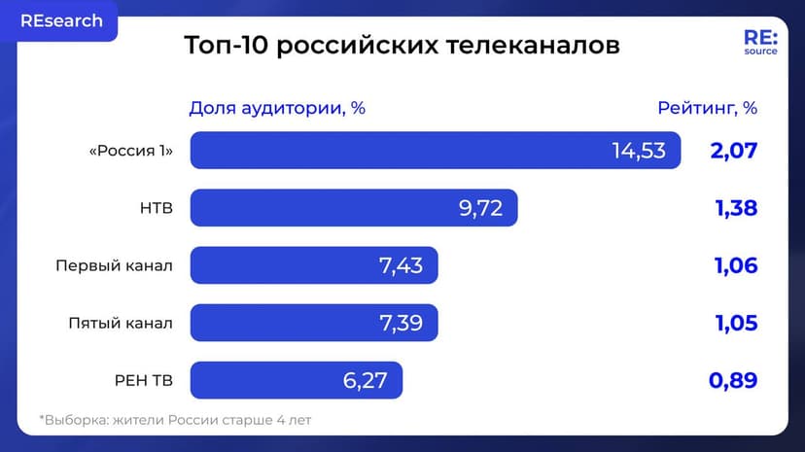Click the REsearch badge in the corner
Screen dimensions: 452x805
(x=60, y=20)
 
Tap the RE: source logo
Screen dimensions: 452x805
(x=759, y=42)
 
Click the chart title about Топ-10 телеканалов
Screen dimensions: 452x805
(x=402, y=46)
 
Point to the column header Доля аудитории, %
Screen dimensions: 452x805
(x=277, y=108)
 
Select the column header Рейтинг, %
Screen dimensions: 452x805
(x=707, y=108)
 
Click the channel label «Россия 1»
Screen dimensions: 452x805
(x=130, y=151)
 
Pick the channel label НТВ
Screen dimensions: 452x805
(x=157, y=208)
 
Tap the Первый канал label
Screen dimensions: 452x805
(x=115, y=265)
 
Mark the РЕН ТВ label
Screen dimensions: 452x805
(x=144, y=380)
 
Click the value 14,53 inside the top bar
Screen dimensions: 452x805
(x=639, y=151)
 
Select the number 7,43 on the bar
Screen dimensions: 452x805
(x=401, y=265)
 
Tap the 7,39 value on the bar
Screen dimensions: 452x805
(x=401, y=323)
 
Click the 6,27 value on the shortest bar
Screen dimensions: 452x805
(x=365, y=380)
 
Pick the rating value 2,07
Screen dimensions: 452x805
(x=733, y=151)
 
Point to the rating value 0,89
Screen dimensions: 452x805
(x=733, y=380)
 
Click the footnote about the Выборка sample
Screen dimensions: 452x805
(x=175, y=420)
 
